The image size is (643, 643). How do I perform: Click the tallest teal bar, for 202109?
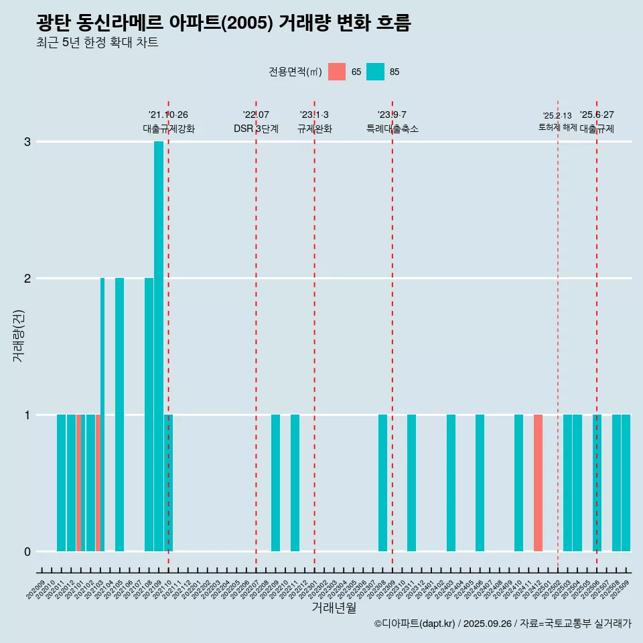coord(159,346)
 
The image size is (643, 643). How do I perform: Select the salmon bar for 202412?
coord(538,483)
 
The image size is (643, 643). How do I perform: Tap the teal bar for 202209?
coord(275,483)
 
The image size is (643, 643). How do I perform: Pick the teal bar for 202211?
coord(295,483)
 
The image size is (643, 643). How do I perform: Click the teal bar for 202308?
coord(382,483)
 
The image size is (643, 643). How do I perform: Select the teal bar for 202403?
coord(451,483)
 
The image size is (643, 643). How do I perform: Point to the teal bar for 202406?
coord(480,483)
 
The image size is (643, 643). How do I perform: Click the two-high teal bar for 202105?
coord(119,415)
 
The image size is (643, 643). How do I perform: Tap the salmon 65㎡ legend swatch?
coord(337,72)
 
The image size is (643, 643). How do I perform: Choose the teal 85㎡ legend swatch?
coord(376,72)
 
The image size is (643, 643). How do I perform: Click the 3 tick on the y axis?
coord(27,142)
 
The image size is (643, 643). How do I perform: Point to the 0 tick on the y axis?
coord(27,552)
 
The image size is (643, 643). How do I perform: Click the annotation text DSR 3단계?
coord(256,129)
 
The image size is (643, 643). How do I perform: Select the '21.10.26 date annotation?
coord(168,115)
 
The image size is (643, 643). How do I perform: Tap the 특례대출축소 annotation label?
coord(392,129)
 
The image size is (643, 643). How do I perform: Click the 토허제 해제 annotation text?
coord(557,127)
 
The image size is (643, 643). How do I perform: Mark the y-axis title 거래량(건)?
coord(19,335)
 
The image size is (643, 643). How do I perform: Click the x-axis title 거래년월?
coord(334,608)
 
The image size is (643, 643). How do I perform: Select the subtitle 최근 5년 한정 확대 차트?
coord(98,43)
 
